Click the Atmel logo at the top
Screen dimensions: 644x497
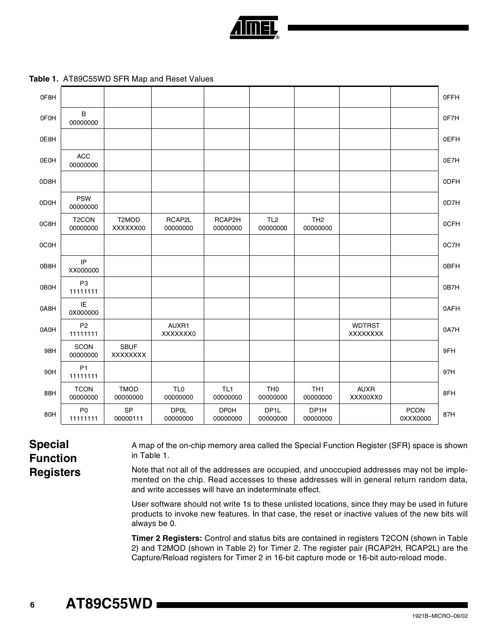click(255, 28)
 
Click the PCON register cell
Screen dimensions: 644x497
click(415, 414)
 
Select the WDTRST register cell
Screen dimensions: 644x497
click(365, 330)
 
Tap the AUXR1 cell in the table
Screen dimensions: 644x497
click(179, 330)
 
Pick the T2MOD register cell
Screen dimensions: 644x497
click(129, 224)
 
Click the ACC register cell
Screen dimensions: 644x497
click(83, 160)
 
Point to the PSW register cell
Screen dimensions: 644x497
click(83, 203)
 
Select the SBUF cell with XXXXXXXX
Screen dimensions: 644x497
click(129, 351)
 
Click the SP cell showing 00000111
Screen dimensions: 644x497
click(129, 414)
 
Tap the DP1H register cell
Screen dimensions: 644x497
click(318, 414)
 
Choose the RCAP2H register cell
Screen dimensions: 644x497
click(227, 224)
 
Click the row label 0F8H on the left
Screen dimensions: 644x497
click(48, 97)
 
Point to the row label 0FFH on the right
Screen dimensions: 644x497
click(451, 97)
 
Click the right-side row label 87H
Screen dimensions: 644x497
click(449, 414)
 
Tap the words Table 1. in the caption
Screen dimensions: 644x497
click(44, 79)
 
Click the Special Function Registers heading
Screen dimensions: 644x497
click(55, 458)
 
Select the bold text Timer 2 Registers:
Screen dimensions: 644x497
click(166, 538)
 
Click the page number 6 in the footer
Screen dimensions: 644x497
click(32, 605)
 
